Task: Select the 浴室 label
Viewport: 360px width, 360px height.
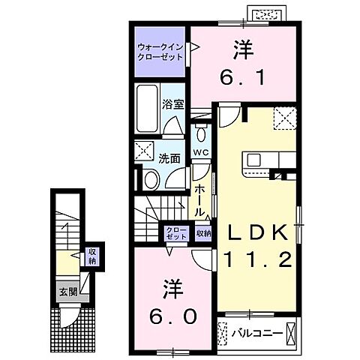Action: (174, 104)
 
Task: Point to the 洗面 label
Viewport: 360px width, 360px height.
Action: (169, 158)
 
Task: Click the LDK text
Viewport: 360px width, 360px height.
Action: (253, 235)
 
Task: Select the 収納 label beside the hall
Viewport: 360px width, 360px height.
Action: (203, 233)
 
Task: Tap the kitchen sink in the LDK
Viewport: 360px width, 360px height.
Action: (253, 160)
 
